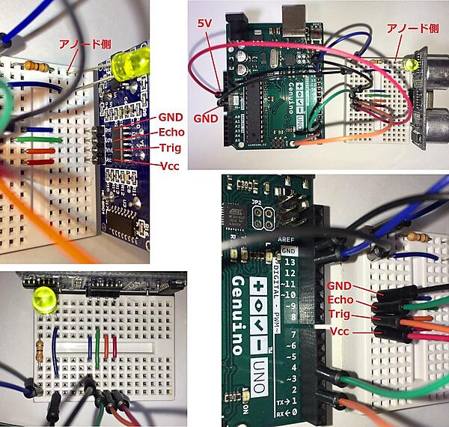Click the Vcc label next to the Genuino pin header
tap(340, 330)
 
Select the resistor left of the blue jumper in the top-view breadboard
tap(40, 348)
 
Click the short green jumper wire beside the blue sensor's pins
tap(33, 140)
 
